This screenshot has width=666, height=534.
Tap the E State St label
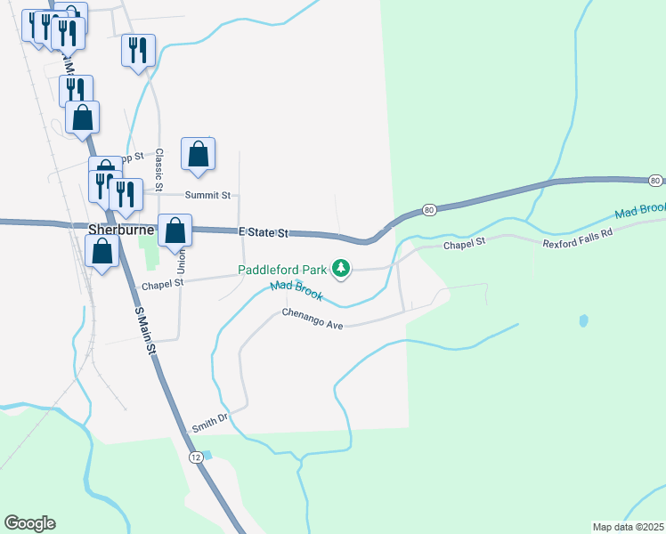click(265, 233)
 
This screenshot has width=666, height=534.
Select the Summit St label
click(207, 195)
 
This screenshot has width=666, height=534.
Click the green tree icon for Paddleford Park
click(340, 267)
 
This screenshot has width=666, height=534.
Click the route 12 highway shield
click(195, 457)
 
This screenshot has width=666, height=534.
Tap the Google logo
click(29, 523)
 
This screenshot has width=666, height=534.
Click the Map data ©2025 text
click(627, 526)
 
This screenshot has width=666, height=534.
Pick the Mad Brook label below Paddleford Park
click(296, 290)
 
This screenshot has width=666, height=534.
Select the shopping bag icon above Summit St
click(198, 154)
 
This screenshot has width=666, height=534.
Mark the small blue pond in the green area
click(583, 320)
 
